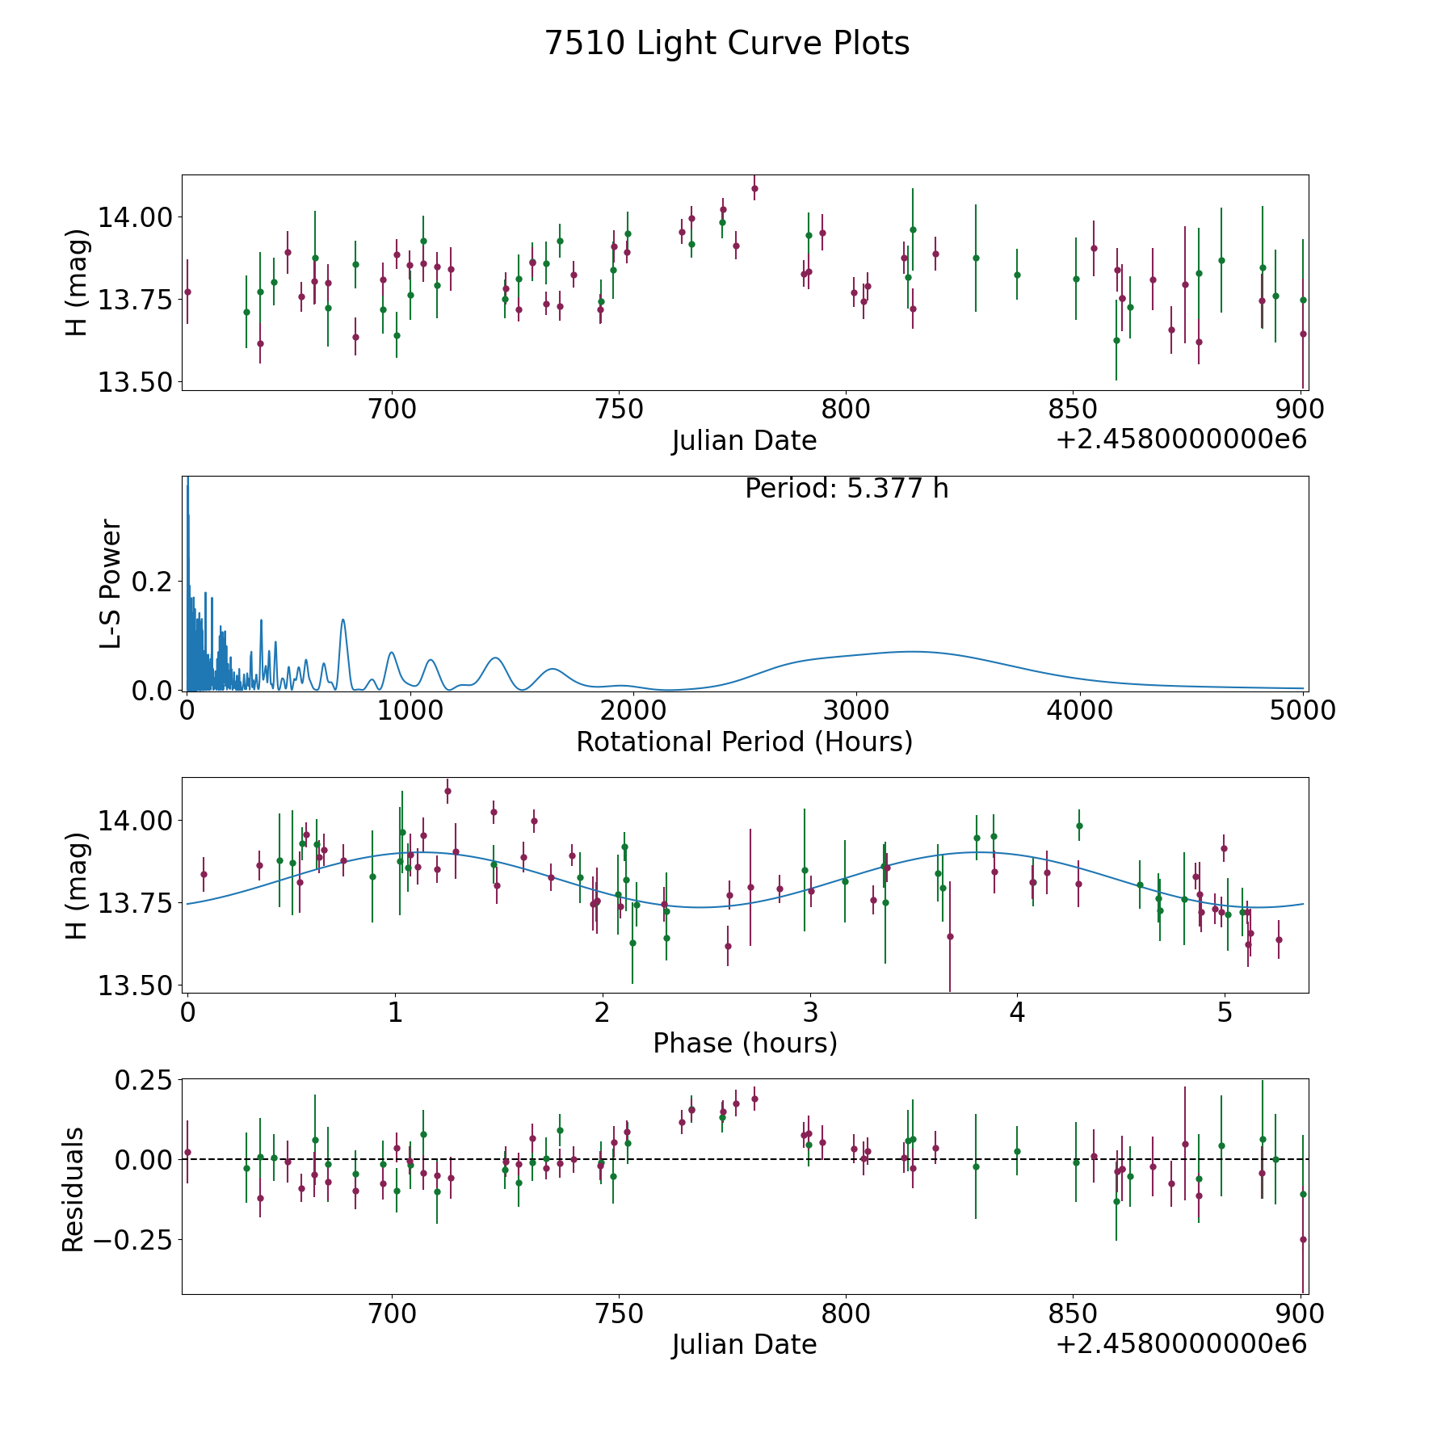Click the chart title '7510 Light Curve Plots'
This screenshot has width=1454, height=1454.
[x=727, y=44]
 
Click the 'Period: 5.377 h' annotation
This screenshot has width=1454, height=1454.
[x=846, y=489]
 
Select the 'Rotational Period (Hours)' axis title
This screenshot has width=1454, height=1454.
[x=744, y=742]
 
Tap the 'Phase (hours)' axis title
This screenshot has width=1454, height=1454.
[x=745, y=1043]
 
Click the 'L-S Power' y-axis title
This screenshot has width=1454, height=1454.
[x=111, y=584]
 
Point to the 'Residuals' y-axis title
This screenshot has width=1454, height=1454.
[x=74, y=1190]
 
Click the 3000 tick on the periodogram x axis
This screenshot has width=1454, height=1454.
[x=856, y=711]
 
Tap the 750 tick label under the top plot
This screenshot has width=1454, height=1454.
[x=618, y=410]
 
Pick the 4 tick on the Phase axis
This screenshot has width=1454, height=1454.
[x=1017, y=1012]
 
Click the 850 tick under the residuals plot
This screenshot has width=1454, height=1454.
[x=1072, y=1313]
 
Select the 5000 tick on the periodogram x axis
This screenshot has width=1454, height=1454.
[x=1302, y=711]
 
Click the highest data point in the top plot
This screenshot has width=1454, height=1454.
[x=754, y=189]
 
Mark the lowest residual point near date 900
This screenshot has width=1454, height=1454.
[x=1303, y=1239]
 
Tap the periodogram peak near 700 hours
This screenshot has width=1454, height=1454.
[x=343, y=620]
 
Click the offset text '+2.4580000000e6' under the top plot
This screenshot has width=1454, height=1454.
[x=1181, y=439]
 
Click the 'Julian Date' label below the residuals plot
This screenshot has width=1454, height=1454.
[x=744, y=1344]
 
